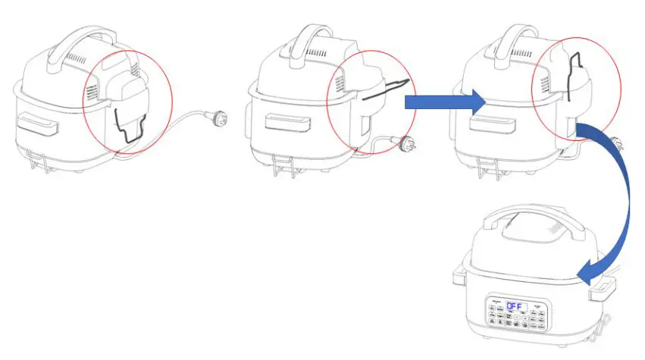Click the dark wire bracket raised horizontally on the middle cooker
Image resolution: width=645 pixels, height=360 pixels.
pyautogui.click(x=387, y=89)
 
